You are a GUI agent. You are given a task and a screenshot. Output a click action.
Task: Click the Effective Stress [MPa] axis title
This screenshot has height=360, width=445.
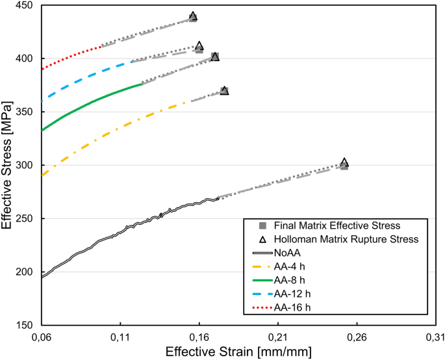(x=8, y=166)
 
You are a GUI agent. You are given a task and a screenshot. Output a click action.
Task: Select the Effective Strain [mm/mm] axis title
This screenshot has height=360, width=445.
(x=238, y=352)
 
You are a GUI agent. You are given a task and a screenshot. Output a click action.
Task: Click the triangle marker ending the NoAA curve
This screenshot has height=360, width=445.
(x=344, y=163)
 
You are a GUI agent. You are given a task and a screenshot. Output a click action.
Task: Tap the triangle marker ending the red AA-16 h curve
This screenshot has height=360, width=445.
(x=193, y=16)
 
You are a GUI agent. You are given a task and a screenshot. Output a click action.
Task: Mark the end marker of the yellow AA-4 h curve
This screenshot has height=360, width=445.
(x=224, y=90)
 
